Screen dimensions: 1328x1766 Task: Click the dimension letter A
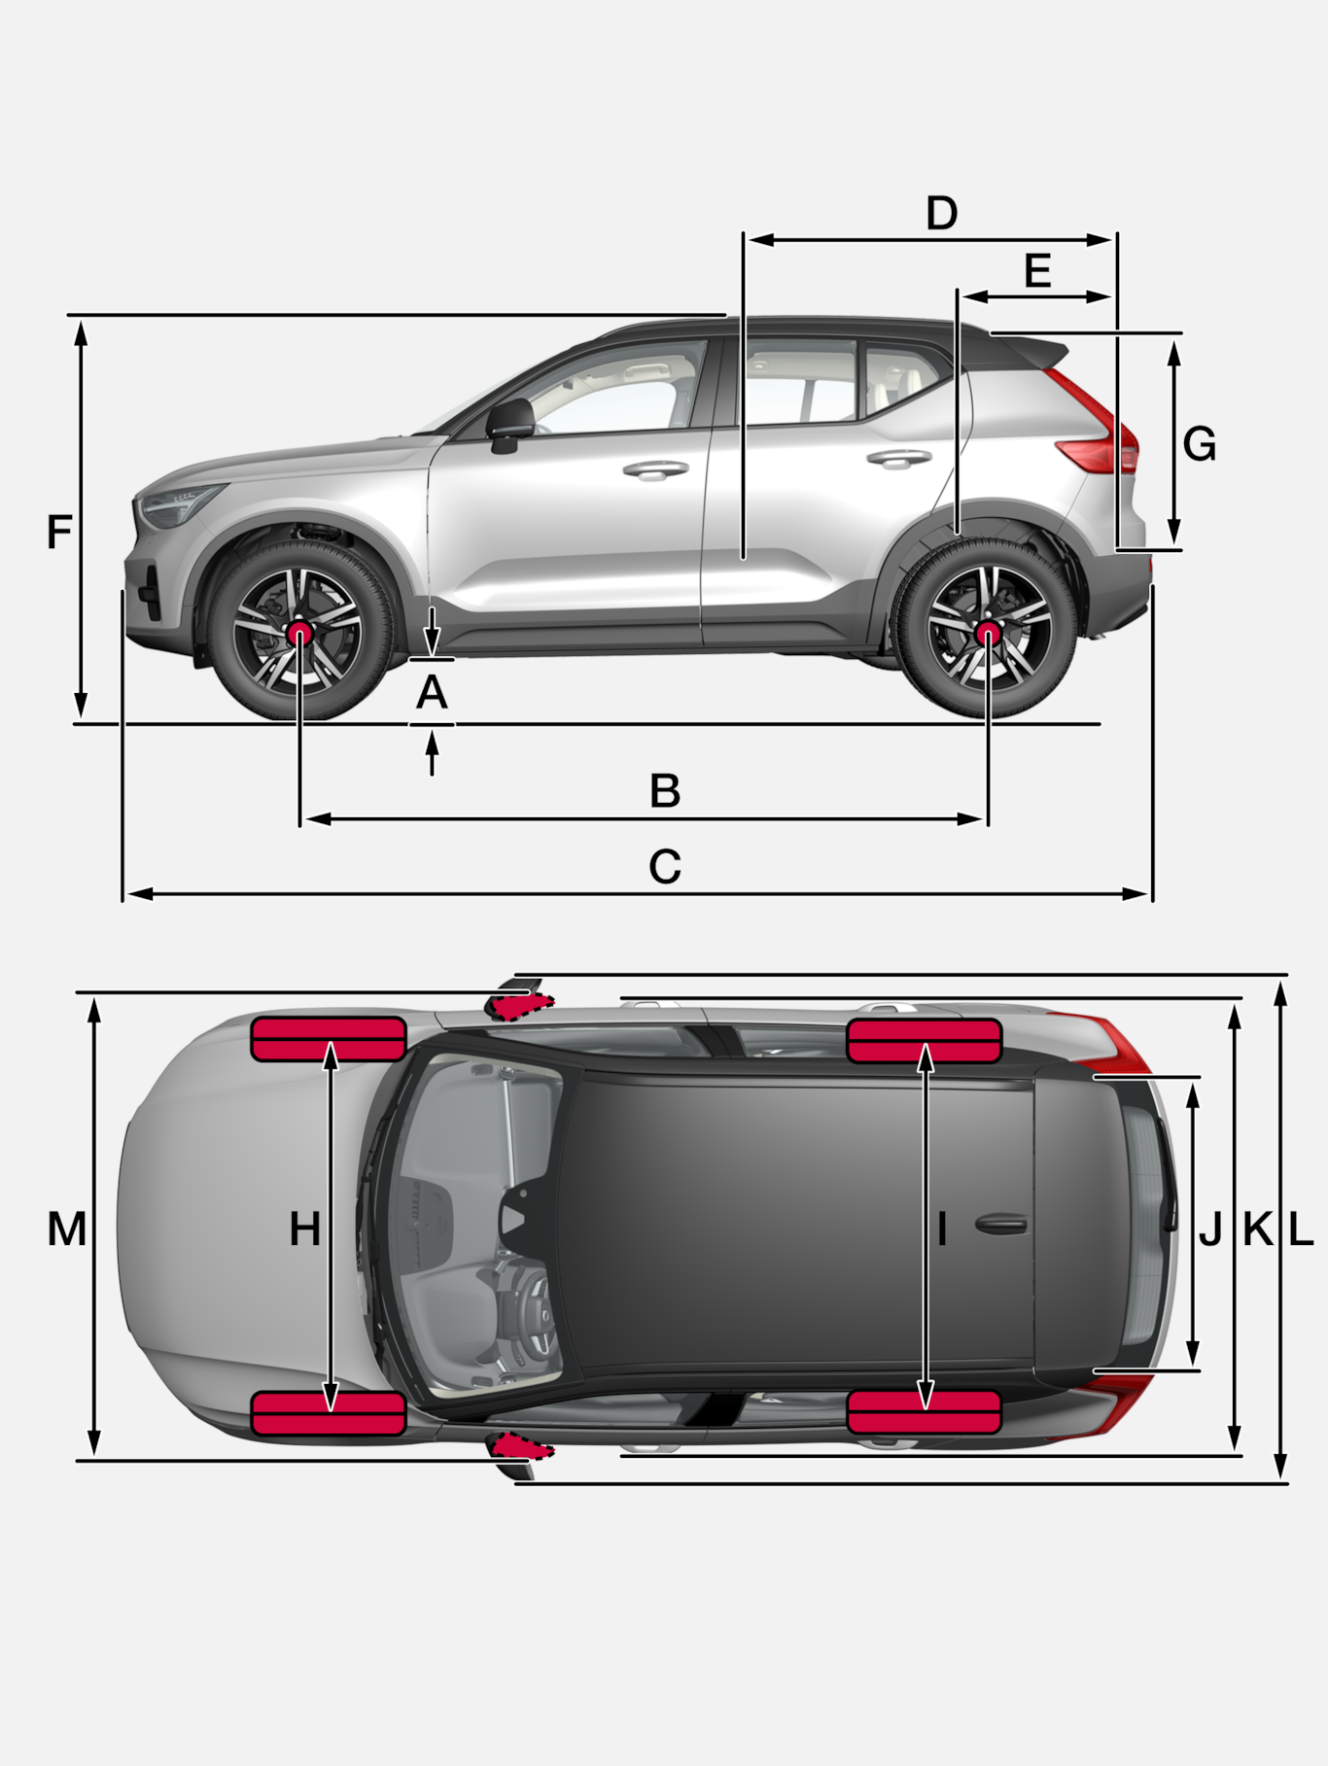click(x=432, y=693)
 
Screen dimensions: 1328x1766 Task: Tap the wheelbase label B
click(x=665, y=791)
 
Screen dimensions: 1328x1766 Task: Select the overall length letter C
click(x=665, y=866)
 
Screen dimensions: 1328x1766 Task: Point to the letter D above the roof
click(x=941, y=213)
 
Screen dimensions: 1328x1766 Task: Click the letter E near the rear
click(x=1037, y=270)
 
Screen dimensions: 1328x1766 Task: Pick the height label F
click(x=59, y=533)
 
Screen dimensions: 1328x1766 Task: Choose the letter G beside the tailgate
click(x=1200, y=444)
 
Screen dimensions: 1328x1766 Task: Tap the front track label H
click(x=304, y=1229)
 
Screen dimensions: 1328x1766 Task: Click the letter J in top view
click(x=1210, y=1230)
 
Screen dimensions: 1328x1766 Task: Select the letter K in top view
click(x=1258, y=1230)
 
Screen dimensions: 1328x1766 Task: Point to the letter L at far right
click(x=1301, y=1230)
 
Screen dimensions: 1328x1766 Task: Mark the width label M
click(x=66, y=1229)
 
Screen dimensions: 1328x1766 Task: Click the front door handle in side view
click(x=655, y=470)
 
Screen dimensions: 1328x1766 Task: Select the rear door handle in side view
click(x=898, y=458)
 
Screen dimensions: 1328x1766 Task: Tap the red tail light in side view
click(x=1097, y=428)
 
